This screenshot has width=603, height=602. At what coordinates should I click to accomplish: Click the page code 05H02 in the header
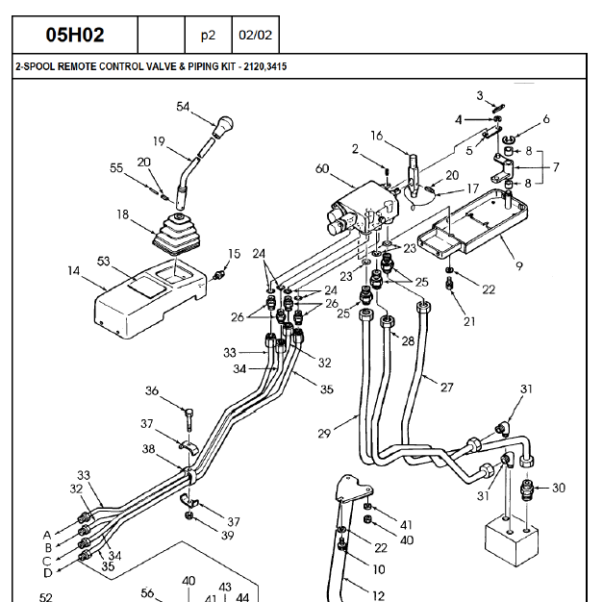coord(75,36)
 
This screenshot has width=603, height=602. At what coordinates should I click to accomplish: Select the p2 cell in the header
coord(208,36)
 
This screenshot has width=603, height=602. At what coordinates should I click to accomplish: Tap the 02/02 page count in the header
coord(255,36)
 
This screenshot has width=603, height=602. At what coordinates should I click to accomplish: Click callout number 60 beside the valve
coord(321,169)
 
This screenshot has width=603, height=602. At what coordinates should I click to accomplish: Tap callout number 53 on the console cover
coord(104,262)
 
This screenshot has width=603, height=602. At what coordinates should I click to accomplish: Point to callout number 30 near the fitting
coord(559,488)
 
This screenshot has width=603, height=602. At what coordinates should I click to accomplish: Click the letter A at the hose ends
coord(46,534)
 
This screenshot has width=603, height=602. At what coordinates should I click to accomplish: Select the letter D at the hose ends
coord(46,573)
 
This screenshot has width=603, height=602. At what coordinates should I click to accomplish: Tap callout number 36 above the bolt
coord(152,390)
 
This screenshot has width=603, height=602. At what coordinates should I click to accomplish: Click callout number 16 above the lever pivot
coord(377,136)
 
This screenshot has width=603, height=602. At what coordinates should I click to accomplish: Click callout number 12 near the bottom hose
coord(378,595)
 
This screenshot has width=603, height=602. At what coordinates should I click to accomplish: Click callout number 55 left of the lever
coord(116,167)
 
